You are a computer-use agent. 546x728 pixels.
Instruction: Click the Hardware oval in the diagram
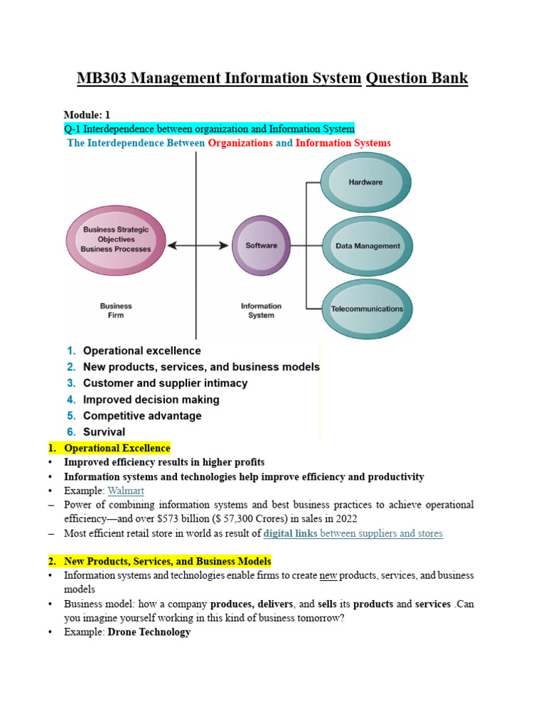point(365,183)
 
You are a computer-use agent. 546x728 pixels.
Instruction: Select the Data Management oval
point(368,246)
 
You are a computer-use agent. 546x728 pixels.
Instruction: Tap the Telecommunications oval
point(367,309)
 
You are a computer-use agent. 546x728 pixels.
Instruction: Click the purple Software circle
point(261,246)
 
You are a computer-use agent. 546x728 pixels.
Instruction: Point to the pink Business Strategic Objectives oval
point(116,240)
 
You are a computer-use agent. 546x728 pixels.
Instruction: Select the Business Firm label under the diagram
point(116,311)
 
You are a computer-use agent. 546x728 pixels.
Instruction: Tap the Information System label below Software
point(261,311)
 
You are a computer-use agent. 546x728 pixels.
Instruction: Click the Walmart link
point(126,491)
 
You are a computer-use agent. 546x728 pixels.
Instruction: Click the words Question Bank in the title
point(417,78)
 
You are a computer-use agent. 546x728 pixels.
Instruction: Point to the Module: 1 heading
point(87,114)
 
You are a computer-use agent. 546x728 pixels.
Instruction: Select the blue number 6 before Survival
point(71,432)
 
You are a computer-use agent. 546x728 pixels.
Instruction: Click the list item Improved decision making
point(151,400)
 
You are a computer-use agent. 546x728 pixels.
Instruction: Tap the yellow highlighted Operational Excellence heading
point(117,448)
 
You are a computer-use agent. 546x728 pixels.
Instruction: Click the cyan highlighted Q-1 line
point(209,129)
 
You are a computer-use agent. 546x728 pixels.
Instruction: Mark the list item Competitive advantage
point(142,416)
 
